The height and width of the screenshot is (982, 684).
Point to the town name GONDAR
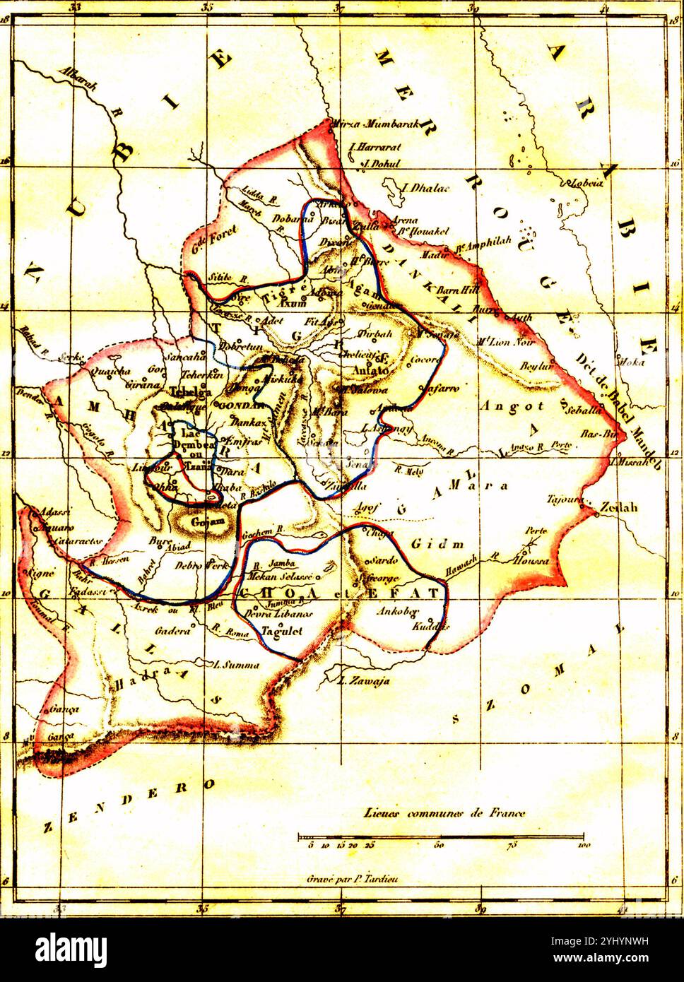pos(241,406)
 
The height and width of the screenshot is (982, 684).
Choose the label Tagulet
pos(282,631)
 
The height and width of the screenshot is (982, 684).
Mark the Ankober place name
pos(399,610)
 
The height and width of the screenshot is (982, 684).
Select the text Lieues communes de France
pos(445,812)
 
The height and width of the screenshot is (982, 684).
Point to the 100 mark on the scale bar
pos(584,845)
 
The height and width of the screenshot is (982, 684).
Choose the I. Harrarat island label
pos(375,148)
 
